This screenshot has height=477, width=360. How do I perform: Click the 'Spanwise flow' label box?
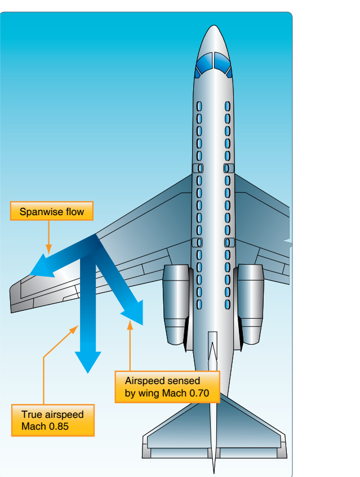coord(52,211)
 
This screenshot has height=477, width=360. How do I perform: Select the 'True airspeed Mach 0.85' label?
coord(53,421)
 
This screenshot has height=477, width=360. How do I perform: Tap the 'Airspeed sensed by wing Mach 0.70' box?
coord(167,387)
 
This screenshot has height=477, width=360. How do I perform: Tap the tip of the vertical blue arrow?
coord(88,373)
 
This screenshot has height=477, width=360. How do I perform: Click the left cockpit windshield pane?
coord(203,63)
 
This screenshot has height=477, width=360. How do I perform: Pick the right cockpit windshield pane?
coord(222,63)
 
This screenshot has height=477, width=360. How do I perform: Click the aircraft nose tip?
coord(214,25)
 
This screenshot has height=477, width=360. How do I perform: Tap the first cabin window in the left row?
coord(199,106)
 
